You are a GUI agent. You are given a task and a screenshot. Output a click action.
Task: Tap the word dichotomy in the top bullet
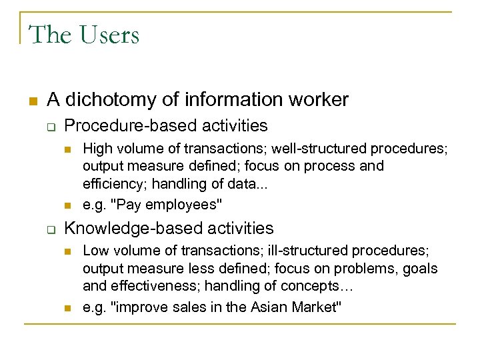coord(101,100)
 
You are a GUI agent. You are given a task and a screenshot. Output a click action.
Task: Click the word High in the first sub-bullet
coord(97,148)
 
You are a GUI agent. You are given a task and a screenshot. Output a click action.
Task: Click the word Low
coord(95,251)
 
